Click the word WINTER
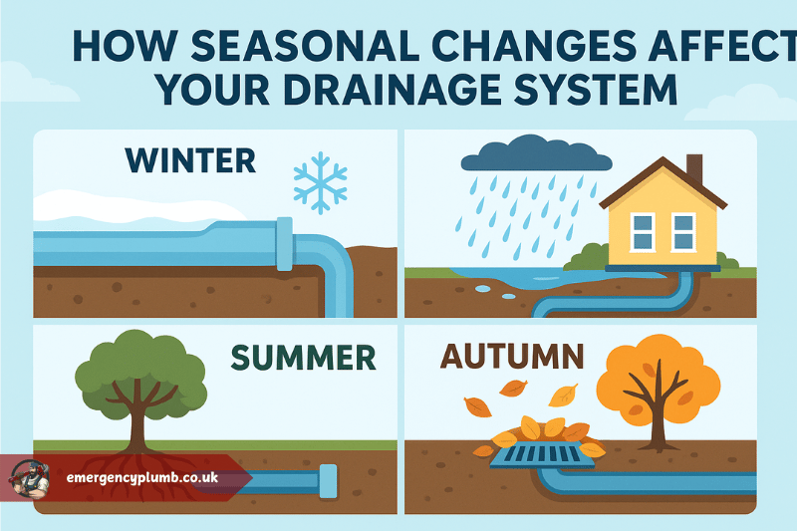click(x=190, y=160)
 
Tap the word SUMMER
click(x=304, y=358)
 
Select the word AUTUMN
click(x=512, y=357)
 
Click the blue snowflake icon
click(x=320, y=182)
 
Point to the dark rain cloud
click(x=536, y=153)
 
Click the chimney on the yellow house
click(x=694, y=169)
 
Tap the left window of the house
click(x=643, y=232)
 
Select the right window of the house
click(x=683, y=232)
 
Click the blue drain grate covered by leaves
click(x=542, y=454)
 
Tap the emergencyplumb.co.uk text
click(x=142, y=477)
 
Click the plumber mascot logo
click(x=30, y=478)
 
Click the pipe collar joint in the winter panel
click(x=285, y=244)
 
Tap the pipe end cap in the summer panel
click(x=328, y=481)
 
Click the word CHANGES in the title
click(x=534, y=46)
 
